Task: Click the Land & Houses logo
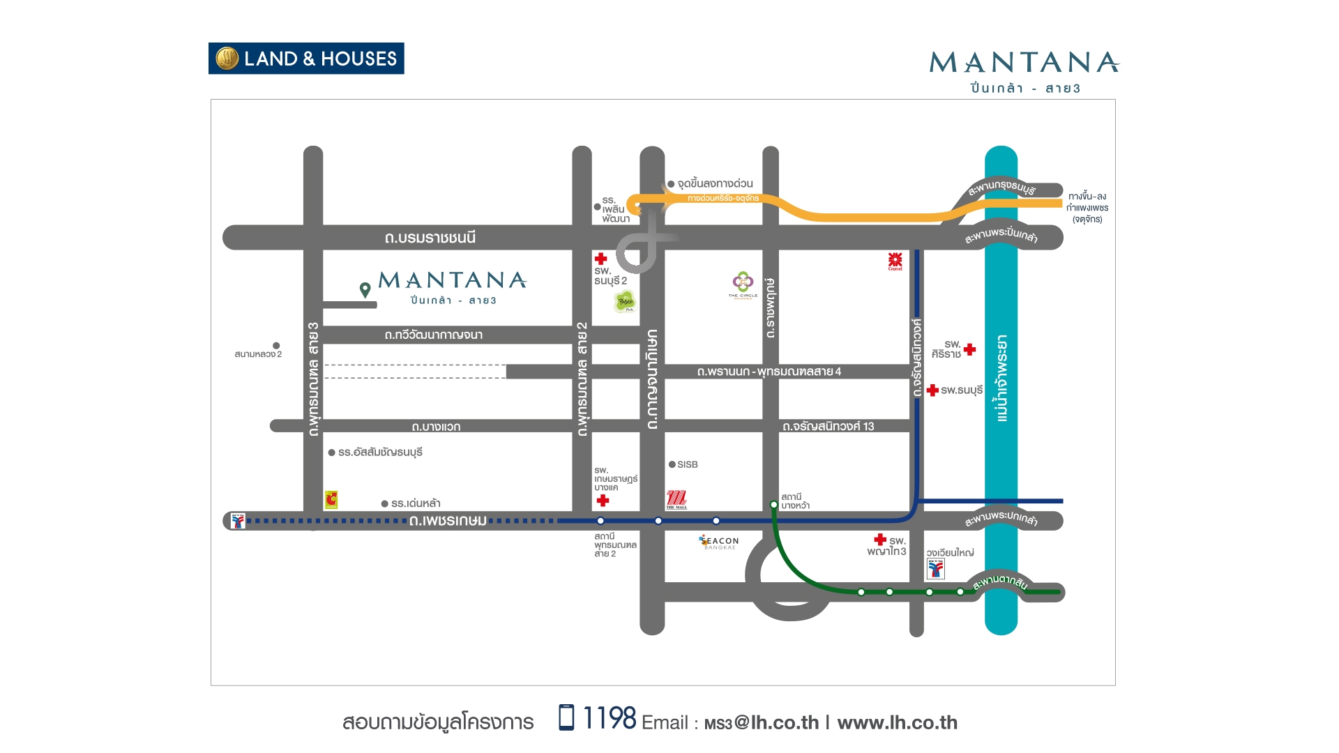click(x=306, y=59)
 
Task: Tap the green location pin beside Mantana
click(x=365, y=289)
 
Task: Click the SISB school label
click(x=687, y=464)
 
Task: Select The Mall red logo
click(x=676, y=499)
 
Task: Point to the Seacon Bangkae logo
click(x=719, y=542)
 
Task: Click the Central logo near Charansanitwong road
click(x=895, y=261)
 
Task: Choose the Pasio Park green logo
click(x=625, y=302)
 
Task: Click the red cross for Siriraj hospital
click(x=969, y=349)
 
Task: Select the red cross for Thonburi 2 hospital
click(x=600, y=259)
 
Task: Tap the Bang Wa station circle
click(x=773, y=504)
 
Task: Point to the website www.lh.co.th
click(x=897, y=723)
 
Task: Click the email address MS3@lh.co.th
click(x=762, y=723)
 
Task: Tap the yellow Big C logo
click(x=331, y=499)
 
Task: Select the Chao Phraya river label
click(x=1001, y=378)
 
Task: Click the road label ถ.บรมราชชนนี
click(x=430, y=238)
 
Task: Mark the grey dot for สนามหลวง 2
click(x=276, y=346)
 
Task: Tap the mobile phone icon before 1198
click(x=566, y=717)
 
